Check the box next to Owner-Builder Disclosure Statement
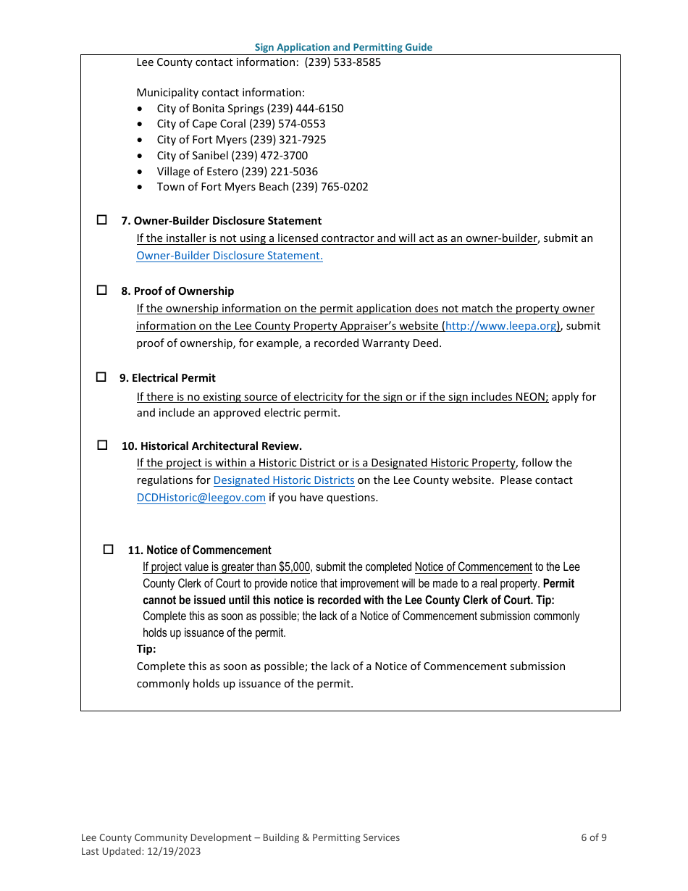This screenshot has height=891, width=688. tap(102, 219)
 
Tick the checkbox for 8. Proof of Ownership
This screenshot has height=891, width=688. tap(102, 290)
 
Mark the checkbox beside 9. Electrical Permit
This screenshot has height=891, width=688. tap(101, 377)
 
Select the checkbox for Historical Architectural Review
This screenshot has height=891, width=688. tap(102, 445)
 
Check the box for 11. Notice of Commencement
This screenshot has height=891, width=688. tap(109, 550)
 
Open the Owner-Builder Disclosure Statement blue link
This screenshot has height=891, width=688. tap(230, 256)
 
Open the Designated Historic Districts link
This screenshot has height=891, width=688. tap(284, 480)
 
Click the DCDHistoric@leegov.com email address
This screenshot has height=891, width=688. tap(201, 498)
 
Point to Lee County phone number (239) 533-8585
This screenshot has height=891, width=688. tap(343, 62)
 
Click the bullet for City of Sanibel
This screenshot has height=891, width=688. tap(140, 156)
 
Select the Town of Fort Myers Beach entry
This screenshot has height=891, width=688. tap(262, 187)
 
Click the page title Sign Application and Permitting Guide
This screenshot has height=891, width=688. tap(343, 47)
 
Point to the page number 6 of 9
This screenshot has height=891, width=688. tap(593, 837)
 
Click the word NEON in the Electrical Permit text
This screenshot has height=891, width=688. tap(531, 397)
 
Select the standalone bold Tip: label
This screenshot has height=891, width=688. tap(146, 649)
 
